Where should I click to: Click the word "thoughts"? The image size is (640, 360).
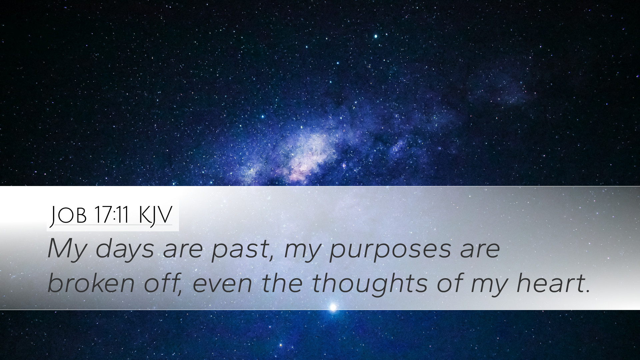pos(370,283)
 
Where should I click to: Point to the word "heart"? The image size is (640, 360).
pos(548,283)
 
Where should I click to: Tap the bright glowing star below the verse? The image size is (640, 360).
pos(332,307)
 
